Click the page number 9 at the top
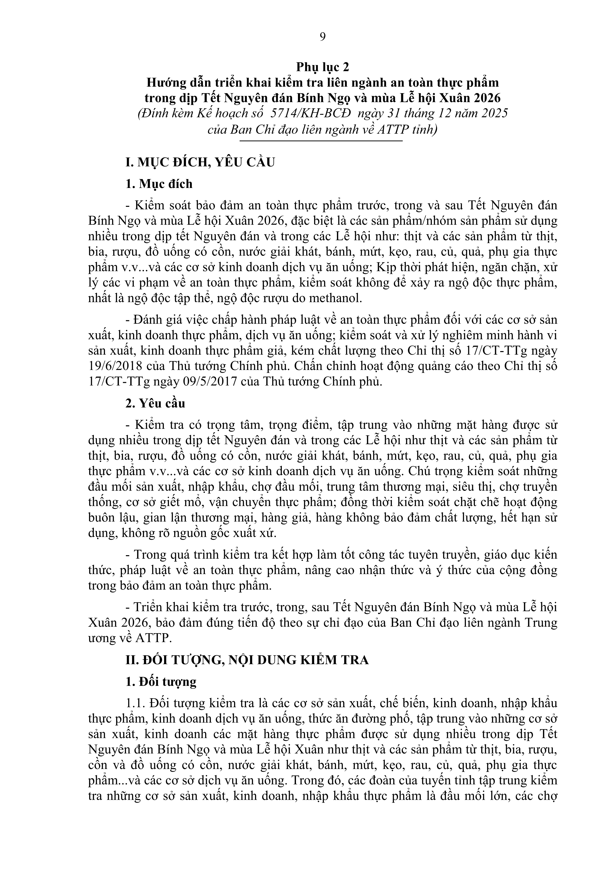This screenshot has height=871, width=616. [323, 37]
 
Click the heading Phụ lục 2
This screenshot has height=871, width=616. [323, 67]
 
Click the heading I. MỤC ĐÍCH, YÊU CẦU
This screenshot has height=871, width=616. [200, 162]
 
